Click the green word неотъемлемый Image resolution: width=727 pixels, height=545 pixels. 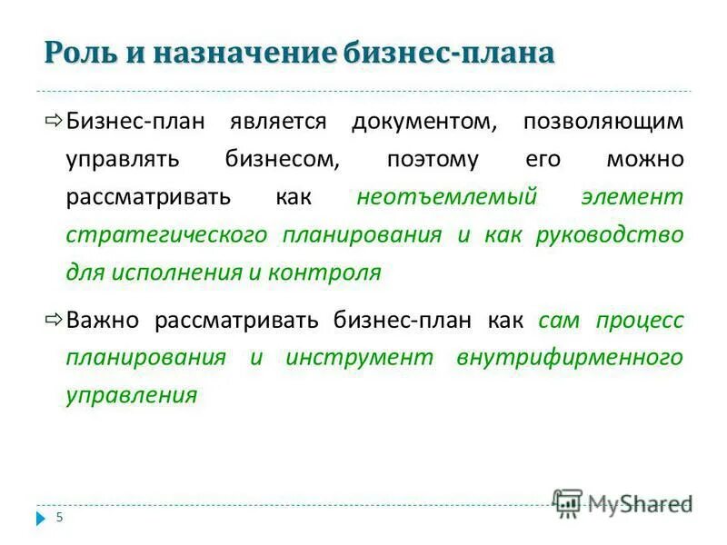point(448,197)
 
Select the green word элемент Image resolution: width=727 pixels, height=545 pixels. point(633,197)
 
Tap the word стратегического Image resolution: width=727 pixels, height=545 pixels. point(166,235)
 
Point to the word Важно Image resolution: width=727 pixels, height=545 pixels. point(103,320)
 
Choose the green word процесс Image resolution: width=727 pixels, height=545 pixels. point(640,320)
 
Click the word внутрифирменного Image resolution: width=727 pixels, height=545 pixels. point(571,357)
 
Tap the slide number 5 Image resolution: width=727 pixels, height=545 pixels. point(60,518)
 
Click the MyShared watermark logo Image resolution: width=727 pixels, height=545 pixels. point(622,502)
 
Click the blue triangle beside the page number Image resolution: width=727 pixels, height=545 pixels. point(41,519)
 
